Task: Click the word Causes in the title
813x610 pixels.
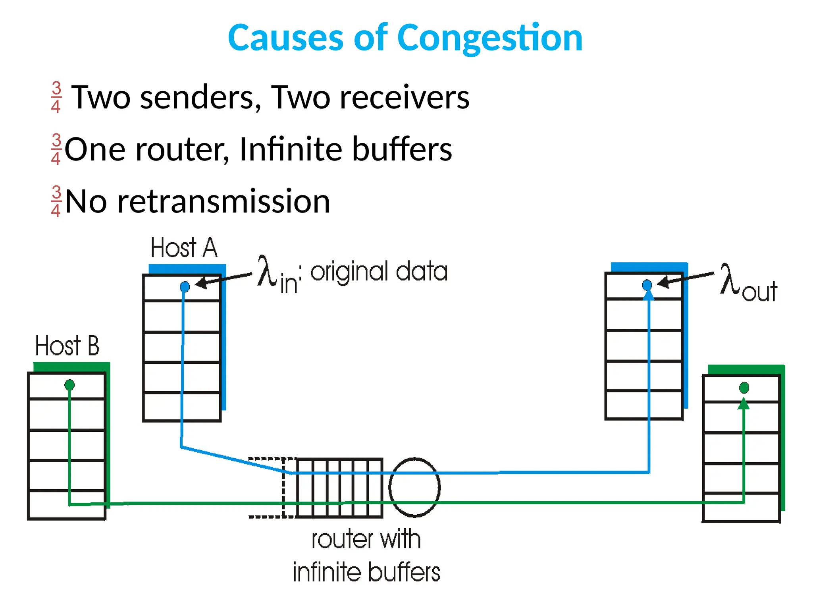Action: [285, 38]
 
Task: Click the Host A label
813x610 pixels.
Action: [184, 248]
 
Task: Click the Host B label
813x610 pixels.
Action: [67, 346]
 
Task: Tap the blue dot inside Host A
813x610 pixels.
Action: [185, 286]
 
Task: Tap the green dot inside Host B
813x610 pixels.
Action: [69, 384]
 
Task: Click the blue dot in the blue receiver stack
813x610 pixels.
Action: [647, 285]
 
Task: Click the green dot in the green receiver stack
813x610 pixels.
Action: [744, 387]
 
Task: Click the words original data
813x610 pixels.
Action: [379, 272]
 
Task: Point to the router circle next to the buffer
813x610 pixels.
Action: [414, 487]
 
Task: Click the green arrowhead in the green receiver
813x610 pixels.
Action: [743, 404]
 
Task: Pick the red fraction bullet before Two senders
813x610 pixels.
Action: [56, 97]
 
